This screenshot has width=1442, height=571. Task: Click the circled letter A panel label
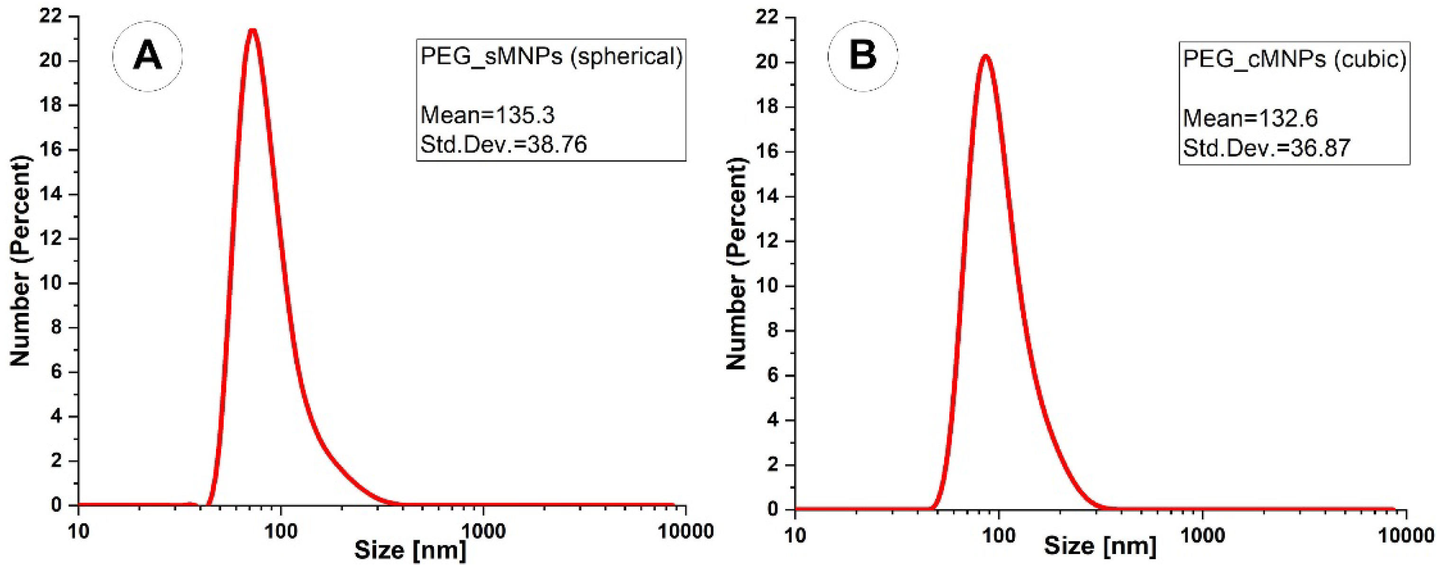(x=147, y=56)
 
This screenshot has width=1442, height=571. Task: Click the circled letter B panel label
(x=863, y=56)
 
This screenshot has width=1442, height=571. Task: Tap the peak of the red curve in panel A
(x=252, y=30)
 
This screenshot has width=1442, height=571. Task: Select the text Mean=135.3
(x=487, y=115)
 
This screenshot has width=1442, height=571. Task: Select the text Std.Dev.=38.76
(x=503, y=145)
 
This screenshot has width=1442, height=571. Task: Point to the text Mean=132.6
(x=1250, y=118)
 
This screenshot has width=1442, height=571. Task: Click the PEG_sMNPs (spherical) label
(x=551, y=56)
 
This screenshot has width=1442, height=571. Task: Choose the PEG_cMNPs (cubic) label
(x=1294, y=59)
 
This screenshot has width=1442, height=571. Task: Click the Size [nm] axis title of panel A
(x=410, y=550)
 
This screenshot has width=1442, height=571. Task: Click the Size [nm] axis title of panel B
(x=1100, y=546)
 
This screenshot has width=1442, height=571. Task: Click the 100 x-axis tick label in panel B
(x=999, y=535)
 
